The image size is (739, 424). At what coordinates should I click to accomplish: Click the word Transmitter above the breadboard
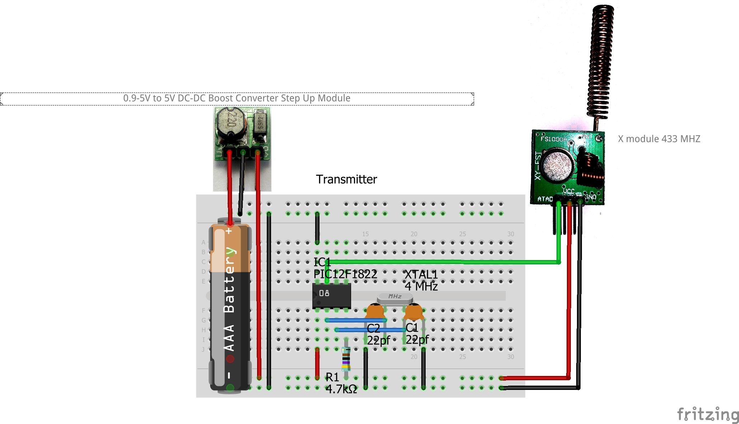pos(346,179)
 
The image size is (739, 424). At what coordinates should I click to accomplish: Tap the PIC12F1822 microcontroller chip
pos(331,296)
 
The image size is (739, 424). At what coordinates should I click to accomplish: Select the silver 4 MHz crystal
pos(394,297)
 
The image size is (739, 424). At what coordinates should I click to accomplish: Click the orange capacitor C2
pos(375,311)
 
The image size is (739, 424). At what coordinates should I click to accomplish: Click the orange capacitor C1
pos(414,311)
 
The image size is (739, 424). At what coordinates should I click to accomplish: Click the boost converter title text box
pos(237,98)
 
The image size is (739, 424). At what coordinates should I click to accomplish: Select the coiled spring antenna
pos(600,61)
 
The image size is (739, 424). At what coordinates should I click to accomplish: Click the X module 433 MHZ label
pos(659,139)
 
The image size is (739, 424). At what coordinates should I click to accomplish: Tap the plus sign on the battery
pos(229,231)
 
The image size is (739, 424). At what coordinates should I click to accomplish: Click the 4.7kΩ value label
pos(341,389)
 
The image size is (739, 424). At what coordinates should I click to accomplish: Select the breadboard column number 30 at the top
pos(510,234)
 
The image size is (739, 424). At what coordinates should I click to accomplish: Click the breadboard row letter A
pos(203,242)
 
